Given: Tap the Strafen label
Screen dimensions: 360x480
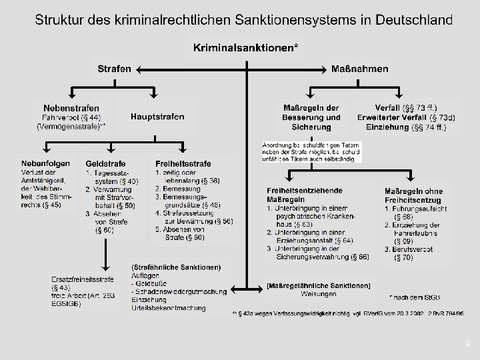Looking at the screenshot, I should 115,68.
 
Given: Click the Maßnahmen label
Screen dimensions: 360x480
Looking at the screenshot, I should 360,68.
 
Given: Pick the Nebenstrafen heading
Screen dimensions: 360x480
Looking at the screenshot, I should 71,107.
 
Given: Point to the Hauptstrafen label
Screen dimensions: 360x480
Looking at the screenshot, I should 158,117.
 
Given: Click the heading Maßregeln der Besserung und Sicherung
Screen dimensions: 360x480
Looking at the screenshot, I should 312,117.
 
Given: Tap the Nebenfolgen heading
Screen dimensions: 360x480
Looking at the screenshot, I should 46,163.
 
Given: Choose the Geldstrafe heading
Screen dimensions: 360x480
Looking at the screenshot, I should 105,163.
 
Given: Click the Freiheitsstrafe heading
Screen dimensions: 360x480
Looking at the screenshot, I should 183,163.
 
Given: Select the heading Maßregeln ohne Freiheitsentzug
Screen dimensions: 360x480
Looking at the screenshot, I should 413,195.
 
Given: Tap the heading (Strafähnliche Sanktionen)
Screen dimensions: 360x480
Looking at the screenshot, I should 175,267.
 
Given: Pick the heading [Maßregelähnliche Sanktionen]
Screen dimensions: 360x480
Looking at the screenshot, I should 319,285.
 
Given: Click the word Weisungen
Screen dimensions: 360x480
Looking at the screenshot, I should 319,293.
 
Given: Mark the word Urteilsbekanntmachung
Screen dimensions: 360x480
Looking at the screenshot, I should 169,309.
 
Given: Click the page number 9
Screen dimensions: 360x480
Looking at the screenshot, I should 467,343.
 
